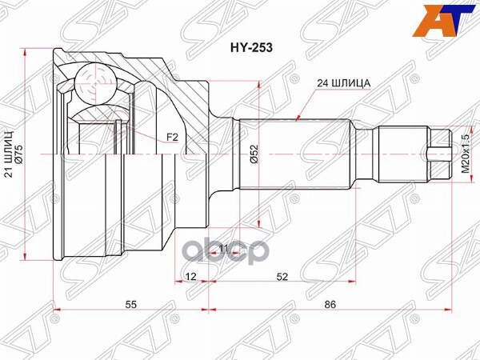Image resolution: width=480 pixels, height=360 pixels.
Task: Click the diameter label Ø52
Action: click(253, 154)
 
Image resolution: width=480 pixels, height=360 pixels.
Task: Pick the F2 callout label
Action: click(171, 137)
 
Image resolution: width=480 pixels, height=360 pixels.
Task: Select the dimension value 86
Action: click(330, 304)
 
